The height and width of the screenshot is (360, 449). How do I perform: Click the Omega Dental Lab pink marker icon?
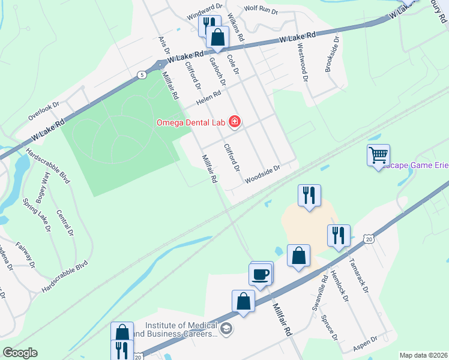pyautogui.click(x=235, y=122)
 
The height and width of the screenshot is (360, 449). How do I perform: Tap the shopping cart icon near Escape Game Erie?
pyautogui.click(x=378, y=155)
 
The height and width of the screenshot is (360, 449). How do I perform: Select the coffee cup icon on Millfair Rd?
pyautogui.click(x=261, y=275)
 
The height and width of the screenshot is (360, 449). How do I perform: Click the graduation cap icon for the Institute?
pyautogui.click(x=226, y=328)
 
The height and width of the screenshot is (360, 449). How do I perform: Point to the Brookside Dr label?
pyautogui.click(x=331, y=53)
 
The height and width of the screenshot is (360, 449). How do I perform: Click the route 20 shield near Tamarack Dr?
pyautogui.click(x=369, y=239)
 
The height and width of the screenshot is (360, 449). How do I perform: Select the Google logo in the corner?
pyautogui.click(x=20, y=353)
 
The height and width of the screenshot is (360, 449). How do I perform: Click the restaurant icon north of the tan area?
pyautogui.click(x=309, y=196)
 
